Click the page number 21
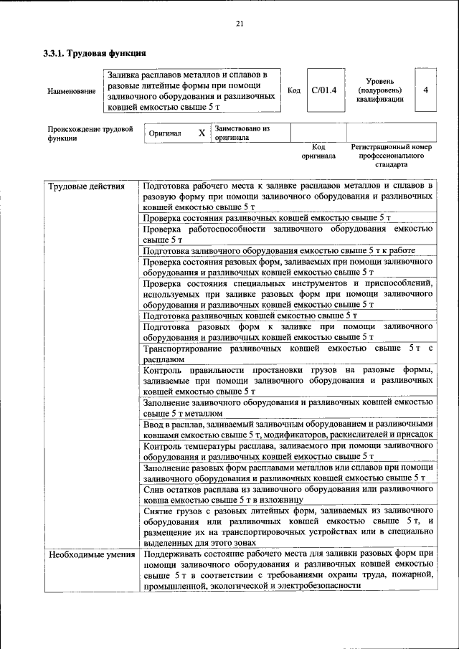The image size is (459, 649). click(x=240, y=24)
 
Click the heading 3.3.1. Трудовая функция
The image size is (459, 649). click(x=95, y=53)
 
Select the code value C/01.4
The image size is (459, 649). click(x=324, y=90)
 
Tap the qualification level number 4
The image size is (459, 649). click(x=426, y=90)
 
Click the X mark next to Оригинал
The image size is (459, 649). click(x=202, y=133)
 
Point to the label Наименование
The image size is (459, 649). click(x=72, y=91)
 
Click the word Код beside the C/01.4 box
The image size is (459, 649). click(x=293, y=91)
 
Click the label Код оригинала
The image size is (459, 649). click(x=318, y=151)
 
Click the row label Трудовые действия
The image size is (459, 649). click(x=81, y=188)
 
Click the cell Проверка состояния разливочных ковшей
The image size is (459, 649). click(x=266, y=217)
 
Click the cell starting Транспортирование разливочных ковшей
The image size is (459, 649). click(x=287, y=354)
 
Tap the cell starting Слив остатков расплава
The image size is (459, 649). click(x=287, y=494)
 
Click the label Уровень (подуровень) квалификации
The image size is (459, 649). click(x=379, y=90)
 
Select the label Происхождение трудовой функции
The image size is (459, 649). click(x=90, y=133)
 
